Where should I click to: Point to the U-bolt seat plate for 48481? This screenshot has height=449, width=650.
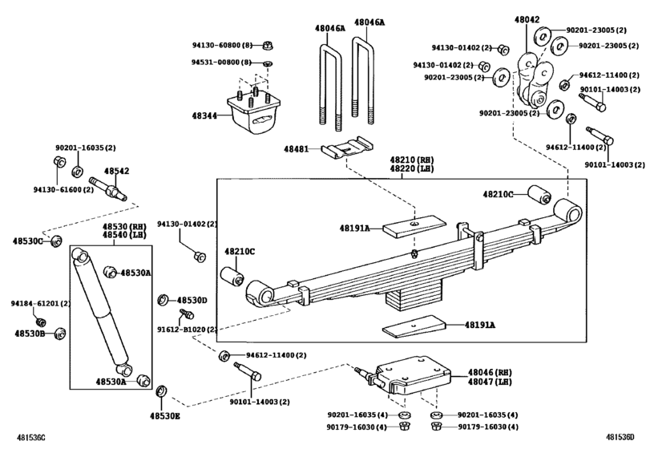click(x=345, y=148)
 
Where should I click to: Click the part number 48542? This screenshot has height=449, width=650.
click(x=115, y=172)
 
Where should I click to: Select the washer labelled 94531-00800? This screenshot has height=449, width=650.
click(x=268, y=63)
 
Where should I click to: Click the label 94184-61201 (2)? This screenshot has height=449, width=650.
click(x=41, y=304)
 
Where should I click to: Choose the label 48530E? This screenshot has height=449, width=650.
click(x=164, y=416)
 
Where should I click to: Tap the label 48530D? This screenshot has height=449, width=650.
click(x=192, y=300)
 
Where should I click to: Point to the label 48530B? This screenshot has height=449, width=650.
click(x=28, y=333)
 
